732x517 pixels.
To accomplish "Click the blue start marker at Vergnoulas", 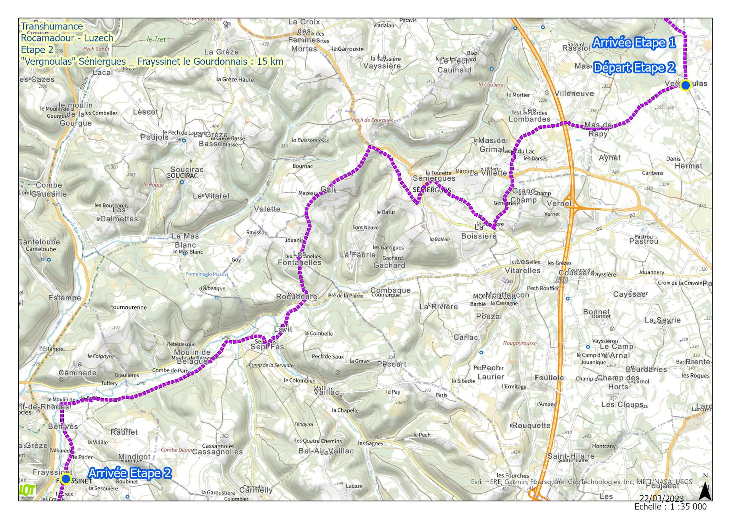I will tap(685, 85).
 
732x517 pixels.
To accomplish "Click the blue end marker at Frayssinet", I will tap(66, 479).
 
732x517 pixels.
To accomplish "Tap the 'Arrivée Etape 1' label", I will tap(634, 42).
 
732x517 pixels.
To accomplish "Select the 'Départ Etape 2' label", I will tap(634, 67).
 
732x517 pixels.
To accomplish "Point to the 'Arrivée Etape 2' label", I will tap(130, 473).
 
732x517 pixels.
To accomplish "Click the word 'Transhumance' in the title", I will tap(52, 26).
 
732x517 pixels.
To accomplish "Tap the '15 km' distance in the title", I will tap(270, 61).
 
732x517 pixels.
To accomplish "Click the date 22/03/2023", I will tap(661, 498).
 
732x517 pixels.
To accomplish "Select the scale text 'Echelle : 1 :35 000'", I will tap(670, 507).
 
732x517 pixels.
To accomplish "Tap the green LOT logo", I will tap(27, 490).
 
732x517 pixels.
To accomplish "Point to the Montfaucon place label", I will tap(507, 295).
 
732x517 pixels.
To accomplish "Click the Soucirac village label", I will tap(187, 170).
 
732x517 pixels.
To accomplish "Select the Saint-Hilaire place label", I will tap(571, 456).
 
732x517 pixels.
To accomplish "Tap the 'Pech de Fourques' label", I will tap(372, 120).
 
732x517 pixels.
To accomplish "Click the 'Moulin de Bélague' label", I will tap(192, 356).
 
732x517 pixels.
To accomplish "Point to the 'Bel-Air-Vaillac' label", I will tap(326, 451).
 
